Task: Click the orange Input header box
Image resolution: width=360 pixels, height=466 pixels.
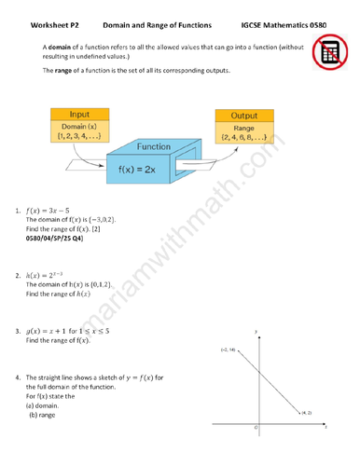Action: click(x=80, y=114)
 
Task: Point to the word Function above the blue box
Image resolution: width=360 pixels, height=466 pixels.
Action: click(x=153, y=147)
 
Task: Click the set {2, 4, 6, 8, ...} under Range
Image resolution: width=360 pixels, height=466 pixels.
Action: click(x=243, y=139)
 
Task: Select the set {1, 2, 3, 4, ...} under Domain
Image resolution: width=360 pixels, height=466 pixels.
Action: click(x=80, y=136)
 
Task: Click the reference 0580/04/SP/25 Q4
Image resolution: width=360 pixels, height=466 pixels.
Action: click(x=54, y=240)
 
